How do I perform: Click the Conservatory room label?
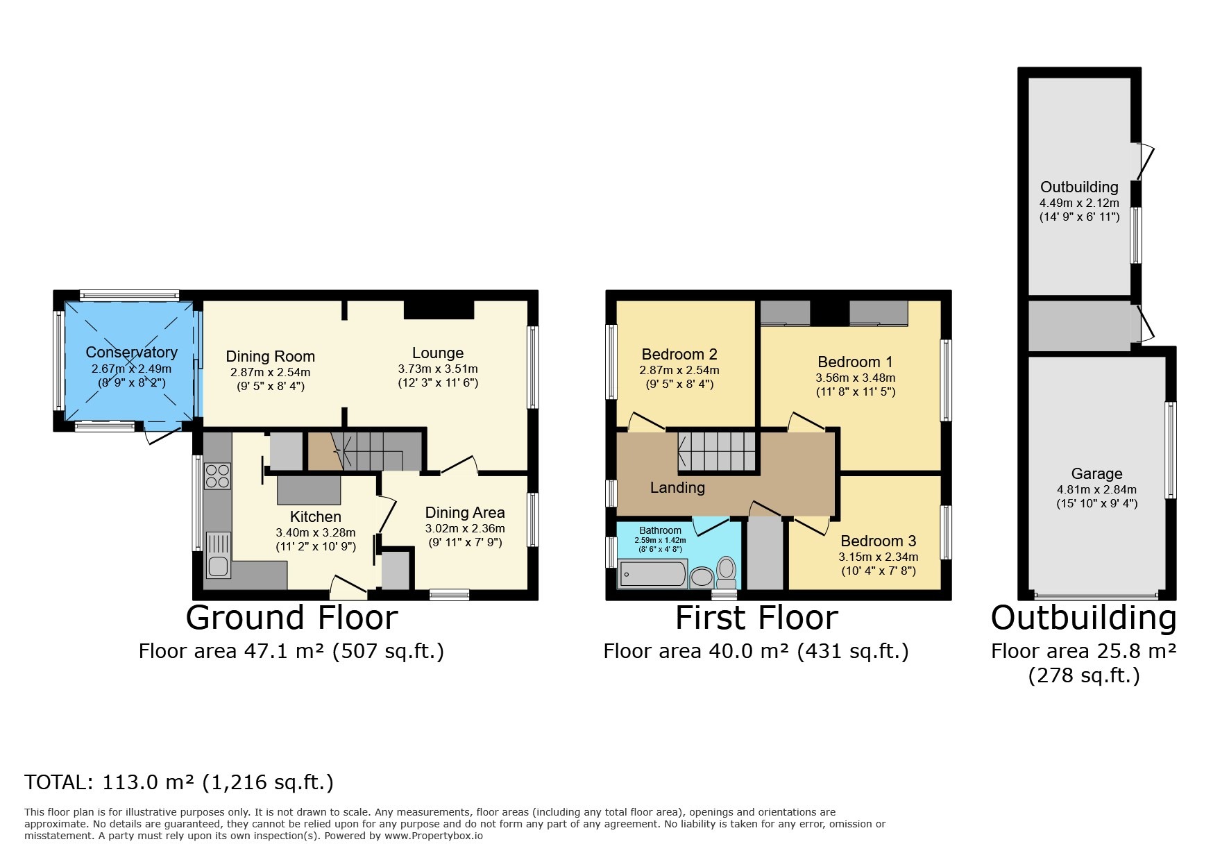coord(131,352)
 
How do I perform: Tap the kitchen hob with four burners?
coord(217,475)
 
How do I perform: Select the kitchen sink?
coord(218,556)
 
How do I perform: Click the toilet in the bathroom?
coord(726,572)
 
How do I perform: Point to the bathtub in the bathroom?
coord(652,574)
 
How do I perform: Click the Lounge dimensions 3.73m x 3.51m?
coord(437,369)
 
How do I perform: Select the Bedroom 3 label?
coord(878,541)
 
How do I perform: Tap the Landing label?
coord(677,487)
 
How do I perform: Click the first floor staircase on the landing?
coord(716,450)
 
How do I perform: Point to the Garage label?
coord(1096,473)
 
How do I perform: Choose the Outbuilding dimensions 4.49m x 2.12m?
coord(1078,203)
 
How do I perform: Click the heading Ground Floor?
coord(291,617)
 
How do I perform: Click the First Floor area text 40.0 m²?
coord(756,651)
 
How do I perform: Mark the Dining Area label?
coord(464,512)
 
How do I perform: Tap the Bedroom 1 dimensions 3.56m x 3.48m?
coord(855,378)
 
